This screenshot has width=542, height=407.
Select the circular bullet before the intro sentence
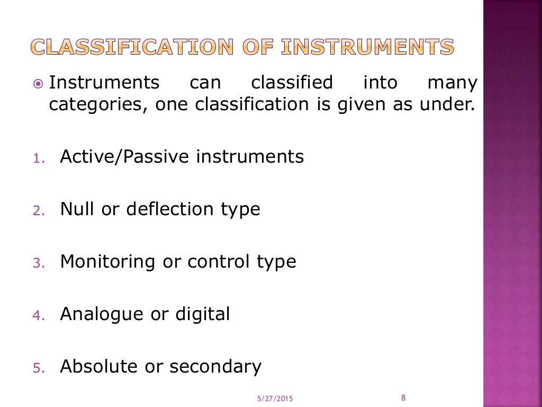38,84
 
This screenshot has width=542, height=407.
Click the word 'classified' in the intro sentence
292,83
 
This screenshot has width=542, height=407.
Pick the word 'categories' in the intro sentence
93,104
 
